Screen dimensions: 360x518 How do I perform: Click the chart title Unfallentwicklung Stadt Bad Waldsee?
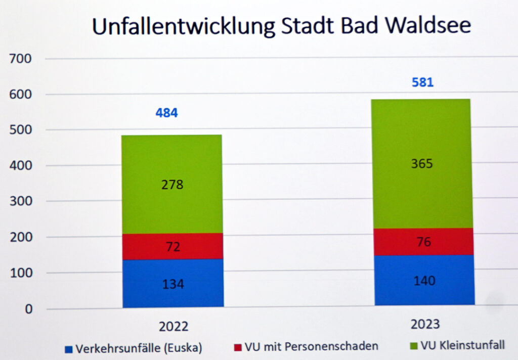tap(281, 26)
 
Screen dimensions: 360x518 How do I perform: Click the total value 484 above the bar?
tap(166, 113)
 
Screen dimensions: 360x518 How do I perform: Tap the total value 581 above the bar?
tap(422, 82)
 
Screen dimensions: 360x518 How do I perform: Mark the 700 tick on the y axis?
tap(20, 59)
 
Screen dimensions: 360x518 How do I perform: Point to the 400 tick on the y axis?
tap(20, 166)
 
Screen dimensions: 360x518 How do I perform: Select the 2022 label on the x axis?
tap(173, 327)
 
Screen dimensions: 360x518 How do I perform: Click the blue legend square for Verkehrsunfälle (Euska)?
tap(69, 349)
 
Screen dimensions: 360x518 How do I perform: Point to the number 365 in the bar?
tap(422, 164)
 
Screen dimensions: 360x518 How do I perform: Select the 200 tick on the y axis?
tap(20, 237)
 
